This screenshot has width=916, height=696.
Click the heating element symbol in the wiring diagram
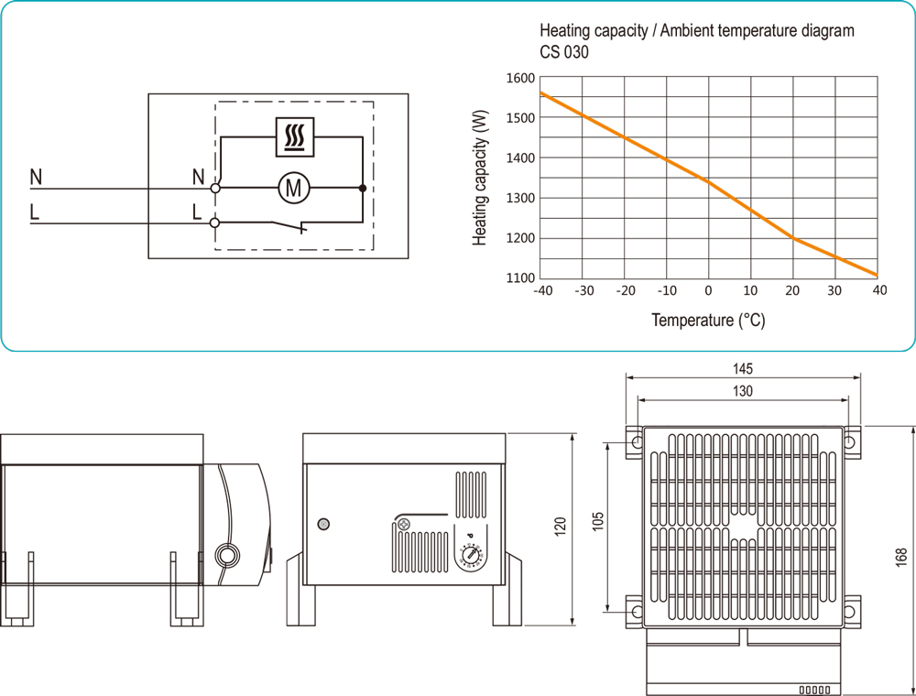294,136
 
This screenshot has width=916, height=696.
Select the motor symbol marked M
294,189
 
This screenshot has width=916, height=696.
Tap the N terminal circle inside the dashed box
216,189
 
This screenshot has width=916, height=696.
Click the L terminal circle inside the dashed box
216,222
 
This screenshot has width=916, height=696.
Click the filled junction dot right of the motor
363,189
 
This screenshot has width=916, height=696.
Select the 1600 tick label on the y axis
519,78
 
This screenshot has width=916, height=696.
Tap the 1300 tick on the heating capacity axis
519,198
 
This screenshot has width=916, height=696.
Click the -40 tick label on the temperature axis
543,291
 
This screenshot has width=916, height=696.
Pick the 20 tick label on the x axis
793,291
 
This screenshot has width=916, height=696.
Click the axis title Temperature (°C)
708,321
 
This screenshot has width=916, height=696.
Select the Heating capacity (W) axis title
480,179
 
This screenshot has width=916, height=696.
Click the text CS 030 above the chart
564,52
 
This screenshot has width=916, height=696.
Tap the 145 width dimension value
743,369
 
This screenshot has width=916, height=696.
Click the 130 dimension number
743,391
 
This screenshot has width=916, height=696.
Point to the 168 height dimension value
901,557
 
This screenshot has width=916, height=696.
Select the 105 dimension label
597,519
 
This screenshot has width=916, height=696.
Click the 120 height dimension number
561,526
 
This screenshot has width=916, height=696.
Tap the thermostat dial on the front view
471,554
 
